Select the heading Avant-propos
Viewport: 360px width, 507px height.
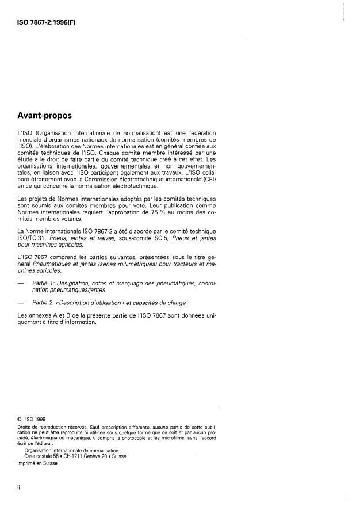pyautogui.click(x=44, y=115)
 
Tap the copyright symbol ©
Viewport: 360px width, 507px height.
pyautogui.click(x=20, y=418)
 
